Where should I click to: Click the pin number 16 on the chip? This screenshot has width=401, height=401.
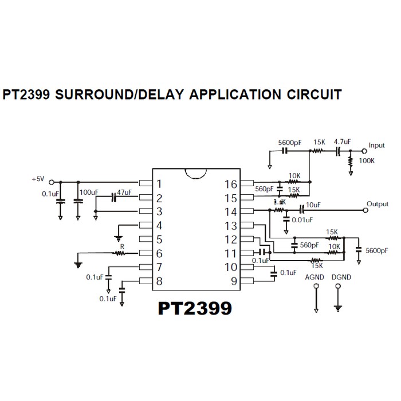230,184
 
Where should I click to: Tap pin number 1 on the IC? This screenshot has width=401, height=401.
159,184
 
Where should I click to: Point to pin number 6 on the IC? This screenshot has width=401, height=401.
159,253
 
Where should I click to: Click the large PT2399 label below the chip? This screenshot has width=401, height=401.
195,308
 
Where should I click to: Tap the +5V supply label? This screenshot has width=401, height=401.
38,179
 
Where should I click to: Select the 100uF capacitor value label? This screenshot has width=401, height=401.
89,192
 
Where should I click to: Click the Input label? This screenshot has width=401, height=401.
377,146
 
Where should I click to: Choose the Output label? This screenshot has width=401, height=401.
378,204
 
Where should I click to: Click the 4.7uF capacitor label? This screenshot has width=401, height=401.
342,141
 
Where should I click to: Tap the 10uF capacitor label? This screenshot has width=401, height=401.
313,205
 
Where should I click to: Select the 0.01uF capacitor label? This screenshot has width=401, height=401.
301,219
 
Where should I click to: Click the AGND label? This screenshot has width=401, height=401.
315,277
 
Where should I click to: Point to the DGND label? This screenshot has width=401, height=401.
341,277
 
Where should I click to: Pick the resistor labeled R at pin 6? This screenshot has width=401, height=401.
120,253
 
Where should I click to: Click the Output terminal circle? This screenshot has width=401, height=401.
365,211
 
